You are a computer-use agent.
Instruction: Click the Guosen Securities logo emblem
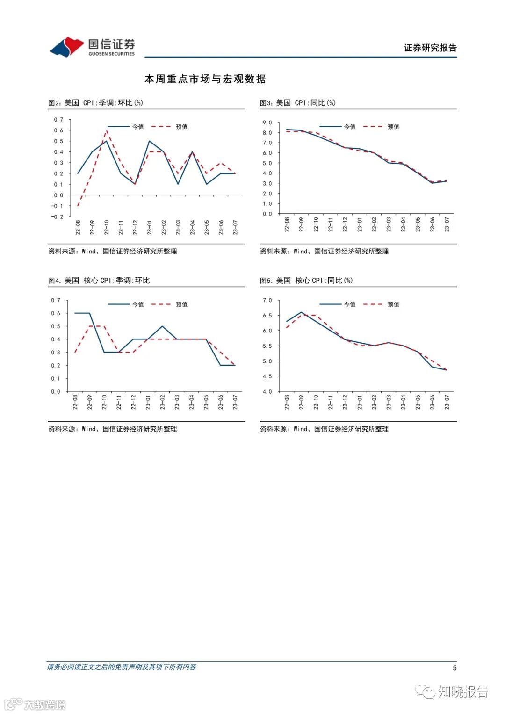click(x=67, y=47)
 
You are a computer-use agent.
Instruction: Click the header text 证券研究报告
click(x=430, y=48)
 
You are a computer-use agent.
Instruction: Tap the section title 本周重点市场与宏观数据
click(x=205, y=79)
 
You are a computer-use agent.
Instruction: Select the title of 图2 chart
click(x=96, y=103)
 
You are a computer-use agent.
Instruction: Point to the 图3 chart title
click(x=298, y=103)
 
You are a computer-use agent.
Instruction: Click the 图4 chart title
click(x=99, y=281)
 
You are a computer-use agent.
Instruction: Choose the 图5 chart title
click(x=306, y=281)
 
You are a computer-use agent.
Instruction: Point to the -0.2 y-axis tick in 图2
click(x=58, y=217)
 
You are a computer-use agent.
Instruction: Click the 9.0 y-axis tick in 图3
click(x=267, y=123)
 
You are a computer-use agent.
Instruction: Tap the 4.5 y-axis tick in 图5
click(x=267, y=376)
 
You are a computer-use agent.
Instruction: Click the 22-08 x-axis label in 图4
click(x=75, y=402)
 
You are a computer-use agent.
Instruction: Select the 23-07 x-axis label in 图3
click(x=447, y=224)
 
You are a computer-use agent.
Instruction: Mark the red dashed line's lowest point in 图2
click(x=78, y=206)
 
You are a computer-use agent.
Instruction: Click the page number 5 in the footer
click(x=454, y=668)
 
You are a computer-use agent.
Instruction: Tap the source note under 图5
click(x=324, y=429)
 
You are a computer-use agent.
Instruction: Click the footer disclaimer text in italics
click(x=122, y=667)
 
